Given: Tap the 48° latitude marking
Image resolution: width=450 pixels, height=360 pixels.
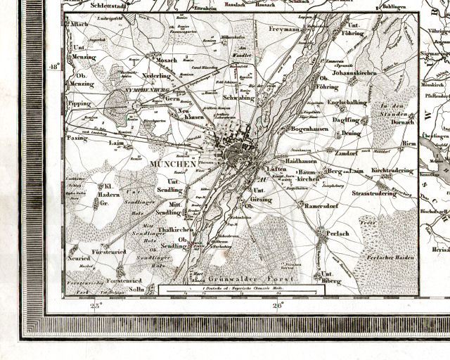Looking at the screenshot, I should (x=53, y=67).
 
